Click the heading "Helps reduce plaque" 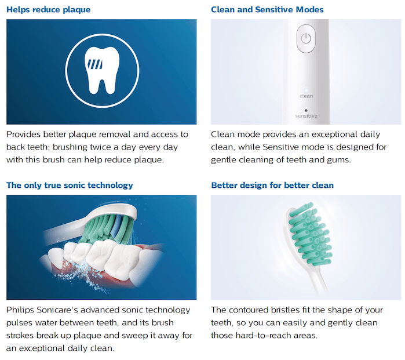tap(49, 10)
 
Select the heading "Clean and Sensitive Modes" tap(267, 9)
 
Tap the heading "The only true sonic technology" tap(70, 186)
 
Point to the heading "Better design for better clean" tap(272, 186)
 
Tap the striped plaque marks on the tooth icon tap(95, 64)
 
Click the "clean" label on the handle tap(306, 96)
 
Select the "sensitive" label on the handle tap(306, 116)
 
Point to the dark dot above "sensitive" tap(306, 110)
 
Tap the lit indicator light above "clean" tap(306, 90)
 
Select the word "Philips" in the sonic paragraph tap(20, 310)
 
